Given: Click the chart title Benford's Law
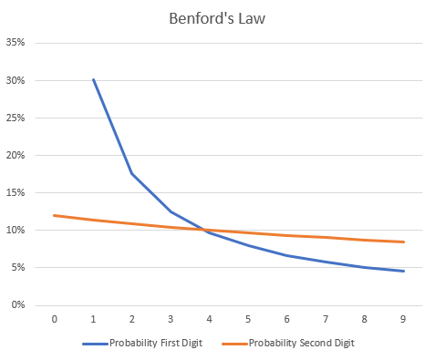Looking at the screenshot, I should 217,17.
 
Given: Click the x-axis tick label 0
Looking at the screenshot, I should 54,319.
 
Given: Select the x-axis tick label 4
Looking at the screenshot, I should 209,319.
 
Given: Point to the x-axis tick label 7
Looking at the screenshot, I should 326,319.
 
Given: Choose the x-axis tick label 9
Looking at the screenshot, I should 403,319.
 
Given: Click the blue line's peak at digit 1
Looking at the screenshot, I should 93,79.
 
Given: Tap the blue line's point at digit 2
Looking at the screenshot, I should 132,173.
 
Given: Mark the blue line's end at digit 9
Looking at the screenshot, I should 403,271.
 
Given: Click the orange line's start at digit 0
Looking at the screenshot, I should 54,215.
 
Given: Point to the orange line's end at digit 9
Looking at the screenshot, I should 403,242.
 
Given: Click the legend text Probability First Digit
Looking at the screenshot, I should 156,344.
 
